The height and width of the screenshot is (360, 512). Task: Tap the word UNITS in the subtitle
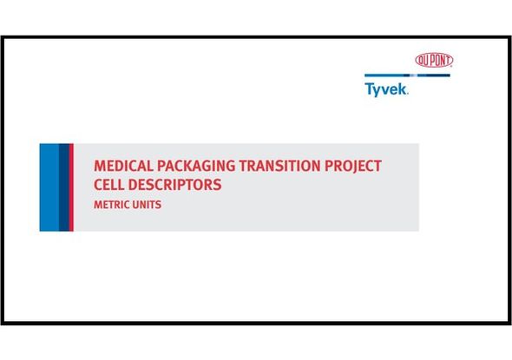(148, 206)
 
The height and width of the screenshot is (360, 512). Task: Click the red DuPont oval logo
(434, 60)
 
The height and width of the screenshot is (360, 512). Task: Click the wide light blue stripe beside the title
(49, 187)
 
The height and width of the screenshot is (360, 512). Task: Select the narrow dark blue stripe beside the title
(63, 187)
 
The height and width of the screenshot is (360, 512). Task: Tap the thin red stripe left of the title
(71, 187)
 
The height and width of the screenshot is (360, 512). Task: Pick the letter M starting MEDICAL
(99, 166)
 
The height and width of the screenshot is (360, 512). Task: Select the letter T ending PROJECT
(377, 166)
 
